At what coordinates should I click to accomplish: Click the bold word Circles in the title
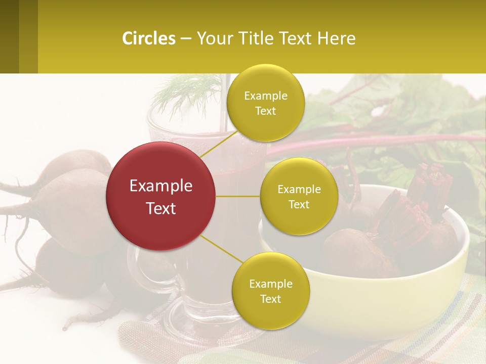coord(149,38)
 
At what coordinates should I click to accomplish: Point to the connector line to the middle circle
coord(238,196)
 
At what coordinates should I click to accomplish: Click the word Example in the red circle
coord(161,186)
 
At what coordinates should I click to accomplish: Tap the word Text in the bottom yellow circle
coord(270,299)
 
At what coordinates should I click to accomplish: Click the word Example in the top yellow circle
coord(266,96)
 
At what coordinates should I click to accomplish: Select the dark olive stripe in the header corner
coord(9,36)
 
